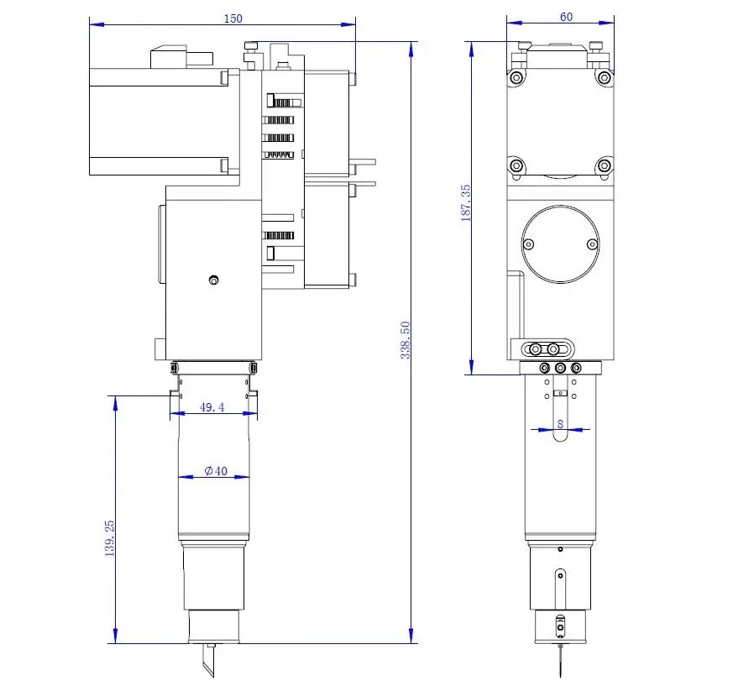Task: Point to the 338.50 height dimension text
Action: click(x=406, y=339)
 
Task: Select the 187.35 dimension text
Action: click(x=467, y=203)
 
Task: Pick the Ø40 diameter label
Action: click(x=215, y=472)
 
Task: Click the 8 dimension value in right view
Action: click(x=560, y=424)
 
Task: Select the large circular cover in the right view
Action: click(x=560, y=244)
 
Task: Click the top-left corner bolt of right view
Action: click(x=516, y=77)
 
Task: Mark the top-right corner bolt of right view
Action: click(x=603, y=77)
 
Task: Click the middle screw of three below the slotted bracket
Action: click(x=560, y=368)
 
